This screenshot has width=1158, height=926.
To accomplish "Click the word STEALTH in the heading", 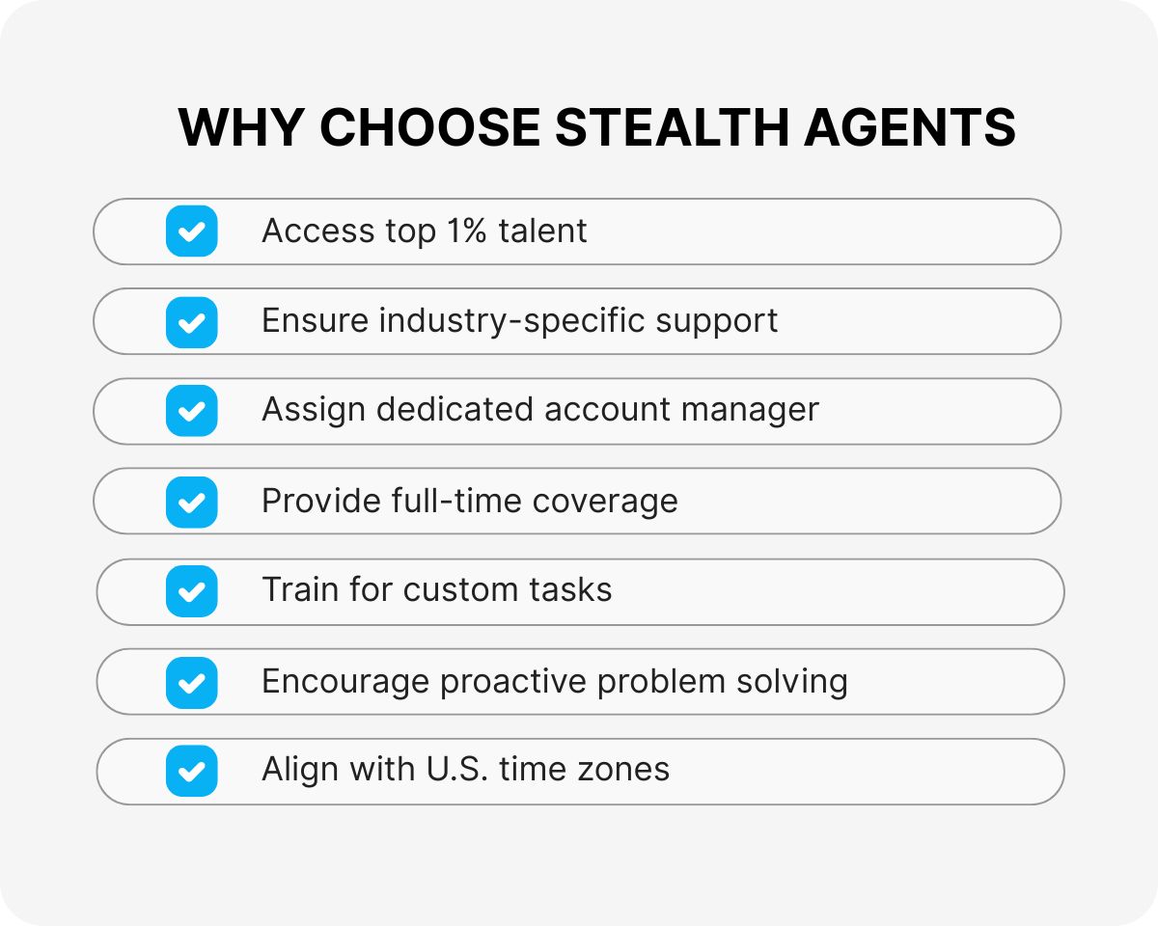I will click(677, 127).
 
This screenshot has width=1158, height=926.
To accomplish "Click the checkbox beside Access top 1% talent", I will click(192, 231).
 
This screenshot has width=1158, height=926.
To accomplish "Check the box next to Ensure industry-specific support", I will click(192, 321).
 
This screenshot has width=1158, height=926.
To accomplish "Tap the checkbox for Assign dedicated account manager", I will click(192, 411).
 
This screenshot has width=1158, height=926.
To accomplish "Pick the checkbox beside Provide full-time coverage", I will click(192, 502).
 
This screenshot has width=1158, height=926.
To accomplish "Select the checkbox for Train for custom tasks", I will click(192, 591).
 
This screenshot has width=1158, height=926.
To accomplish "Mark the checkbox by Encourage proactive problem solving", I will click(192, 682).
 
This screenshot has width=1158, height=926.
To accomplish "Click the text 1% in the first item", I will click(465, 231).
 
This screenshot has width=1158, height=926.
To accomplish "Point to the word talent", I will click(542, 231).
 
